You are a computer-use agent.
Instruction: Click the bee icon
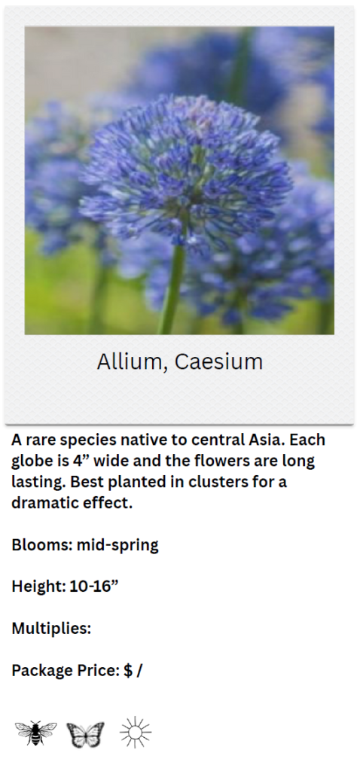tap(35, 733)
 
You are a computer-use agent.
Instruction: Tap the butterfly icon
tap(85, 735)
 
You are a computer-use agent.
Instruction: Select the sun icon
tap(136, 732)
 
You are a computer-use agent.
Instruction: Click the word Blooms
tap(41, 545)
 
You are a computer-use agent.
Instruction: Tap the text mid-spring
tap(117, 546)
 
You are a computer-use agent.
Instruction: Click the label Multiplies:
tap(51, 629)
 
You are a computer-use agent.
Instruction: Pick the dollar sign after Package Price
tap(128, 670)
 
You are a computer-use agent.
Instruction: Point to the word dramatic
tap(43, 503)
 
